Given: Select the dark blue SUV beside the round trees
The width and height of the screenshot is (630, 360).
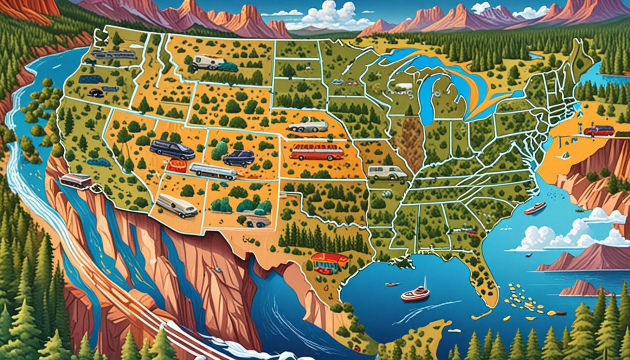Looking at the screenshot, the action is pos(239,158).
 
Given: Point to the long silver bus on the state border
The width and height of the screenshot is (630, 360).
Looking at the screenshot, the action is pos(213,171).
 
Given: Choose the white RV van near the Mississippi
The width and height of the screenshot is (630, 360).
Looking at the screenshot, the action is pos(386,172).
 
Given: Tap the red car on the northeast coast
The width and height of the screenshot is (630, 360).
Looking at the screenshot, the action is pos(599,131).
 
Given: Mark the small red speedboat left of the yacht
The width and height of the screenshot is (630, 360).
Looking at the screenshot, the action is pos(391,284).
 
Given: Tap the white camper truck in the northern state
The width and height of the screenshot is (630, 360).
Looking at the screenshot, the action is pos(207,62).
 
